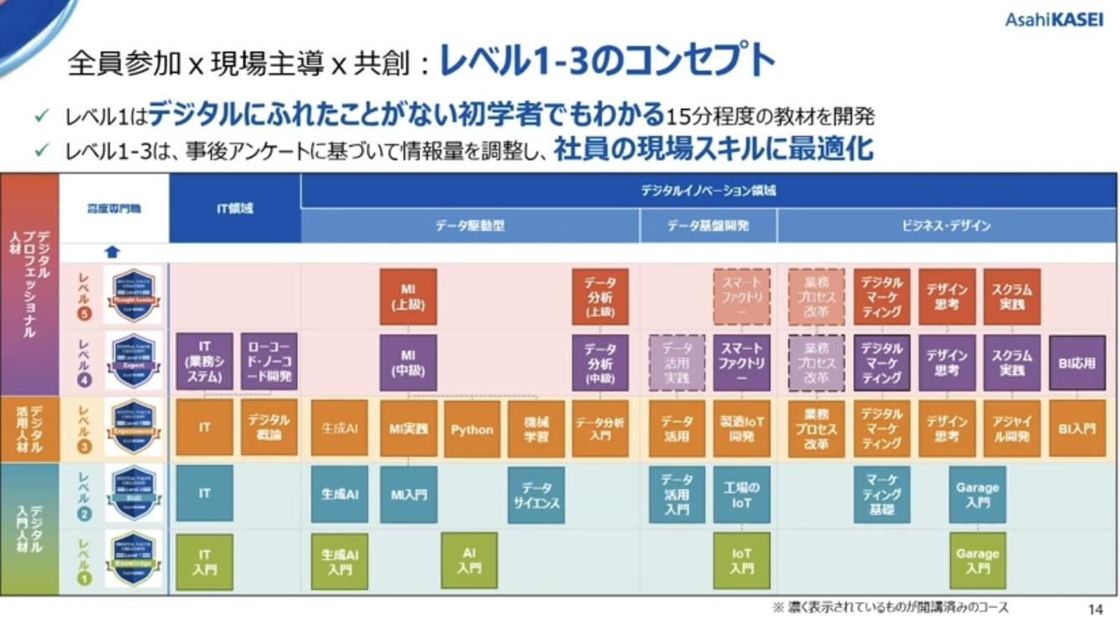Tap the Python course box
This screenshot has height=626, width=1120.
(472, 428)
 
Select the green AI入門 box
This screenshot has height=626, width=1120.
(469, 560)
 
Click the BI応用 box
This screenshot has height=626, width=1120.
(1077, 363)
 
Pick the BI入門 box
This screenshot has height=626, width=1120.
(1077, 428)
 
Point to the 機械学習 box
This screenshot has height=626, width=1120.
(536, 428)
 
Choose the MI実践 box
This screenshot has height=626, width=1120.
(408, 428)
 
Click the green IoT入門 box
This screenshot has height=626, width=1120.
(741, 560)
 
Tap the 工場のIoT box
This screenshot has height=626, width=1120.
(741, 494)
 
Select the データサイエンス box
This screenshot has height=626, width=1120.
(536, 495)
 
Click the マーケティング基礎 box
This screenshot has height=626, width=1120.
(882, 494)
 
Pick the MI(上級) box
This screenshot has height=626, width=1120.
(408, 297)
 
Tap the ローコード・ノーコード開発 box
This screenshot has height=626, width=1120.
(268, 362)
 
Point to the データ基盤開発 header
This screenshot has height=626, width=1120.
(708, 226)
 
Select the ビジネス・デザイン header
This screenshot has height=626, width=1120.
(946, 226)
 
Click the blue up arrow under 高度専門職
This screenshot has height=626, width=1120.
(113, 252)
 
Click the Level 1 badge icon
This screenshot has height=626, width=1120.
(133, 560)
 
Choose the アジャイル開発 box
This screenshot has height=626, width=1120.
(1011, 428)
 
